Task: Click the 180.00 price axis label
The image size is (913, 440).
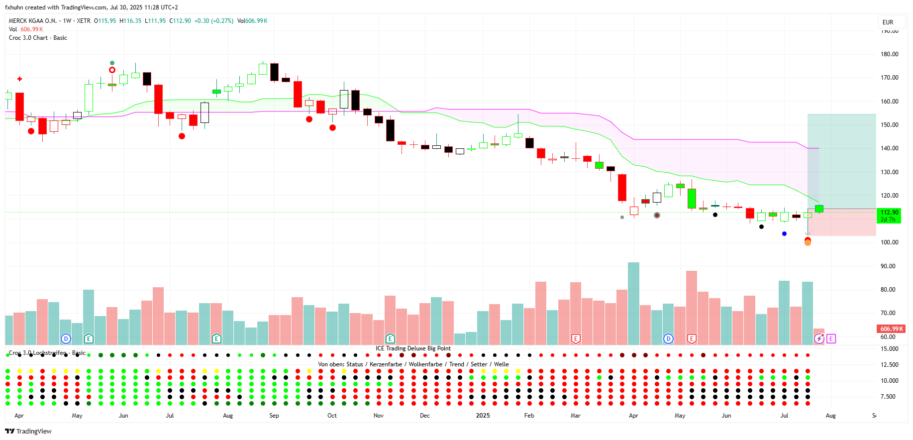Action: click(x=889, y=54)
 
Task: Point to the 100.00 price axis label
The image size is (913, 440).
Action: click(x=889, y=242)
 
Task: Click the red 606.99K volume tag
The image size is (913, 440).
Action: click(x=891, y=329)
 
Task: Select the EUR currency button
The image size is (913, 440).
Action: click(x=888, y=22)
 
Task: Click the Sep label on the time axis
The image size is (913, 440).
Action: click(x=274, y=416)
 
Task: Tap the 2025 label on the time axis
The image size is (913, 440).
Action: click(x=483, y=416)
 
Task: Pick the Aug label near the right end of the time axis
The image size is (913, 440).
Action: click(x=830, y=416)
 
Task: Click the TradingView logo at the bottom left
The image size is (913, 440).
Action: click(x=28, y=431)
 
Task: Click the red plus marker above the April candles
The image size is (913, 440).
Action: click(x=20, y=79)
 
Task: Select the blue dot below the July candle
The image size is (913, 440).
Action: click(x=785, y=233)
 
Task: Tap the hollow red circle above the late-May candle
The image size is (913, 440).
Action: click(x=112, y=70)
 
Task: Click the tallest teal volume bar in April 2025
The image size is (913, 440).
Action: click(x=633, y=303)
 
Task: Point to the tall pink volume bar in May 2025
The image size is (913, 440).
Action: click(x=692, y=307)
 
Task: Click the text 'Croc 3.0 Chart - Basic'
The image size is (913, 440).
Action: click(x=38, y=38)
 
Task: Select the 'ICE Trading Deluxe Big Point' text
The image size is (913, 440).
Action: click(x=413, y=348)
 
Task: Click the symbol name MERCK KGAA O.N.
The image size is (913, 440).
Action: click(x=33, y=21)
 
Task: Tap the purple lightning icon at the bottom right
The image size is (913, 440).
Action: click(x=819, y=339)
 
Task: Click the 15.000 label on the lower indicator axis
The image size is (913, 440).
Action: click(x=889, y=349)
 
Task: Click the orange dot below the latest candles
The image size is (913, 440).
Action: click(x=808, y=243)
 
